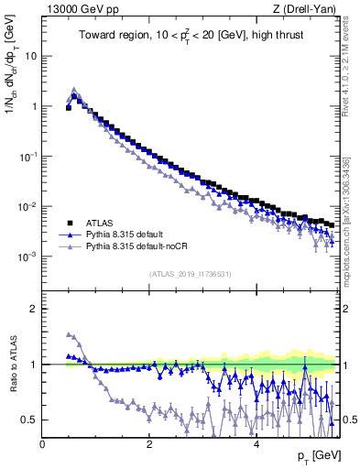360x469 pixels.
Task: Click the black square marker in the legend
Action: [x=69, y=223]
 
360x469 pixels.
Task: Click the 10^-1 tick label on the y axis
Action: [x=28, y=156]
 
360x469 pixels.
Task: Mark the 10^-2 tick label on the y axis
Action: [x=28, y=206]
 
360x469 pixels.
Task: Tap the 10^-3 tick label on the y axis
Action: [x=28, y=256]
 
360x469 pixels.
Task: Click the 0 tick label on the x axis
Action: [x=43, y=443]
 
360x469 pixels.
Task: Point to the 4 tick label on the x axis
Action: [x=256, y=443]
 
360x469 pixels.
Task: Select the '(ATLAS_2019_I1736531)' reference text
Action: [x=191, y=274]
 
